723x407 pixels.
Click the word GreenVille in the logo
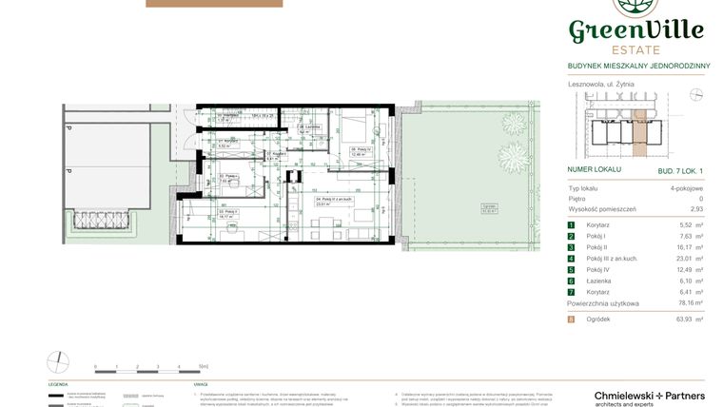tap(635, 31)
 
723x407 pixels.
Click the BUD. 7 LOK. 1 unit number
tap(679, 169)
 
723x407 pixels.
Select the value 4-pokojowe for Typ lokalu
tap(686, 188)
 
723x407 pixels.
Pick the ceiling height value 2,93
tap(696, 208)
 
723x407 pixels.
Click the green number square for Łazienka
tap(572, 281)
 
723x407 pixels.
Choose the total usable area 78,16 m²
tap(690, 303)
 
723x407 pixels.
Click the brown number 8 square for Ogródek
tap(572, 320)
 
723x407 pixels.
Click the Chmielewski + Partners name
tap(635, 395)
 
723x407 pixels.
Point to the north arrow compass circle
tap(59, 361)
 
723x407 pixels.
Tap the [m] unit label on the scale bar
tap(204, 365)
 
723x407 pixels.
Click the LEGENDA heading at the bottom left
tap(59, 384)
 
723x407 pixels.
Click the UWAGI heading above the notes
tap(201, 384)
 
